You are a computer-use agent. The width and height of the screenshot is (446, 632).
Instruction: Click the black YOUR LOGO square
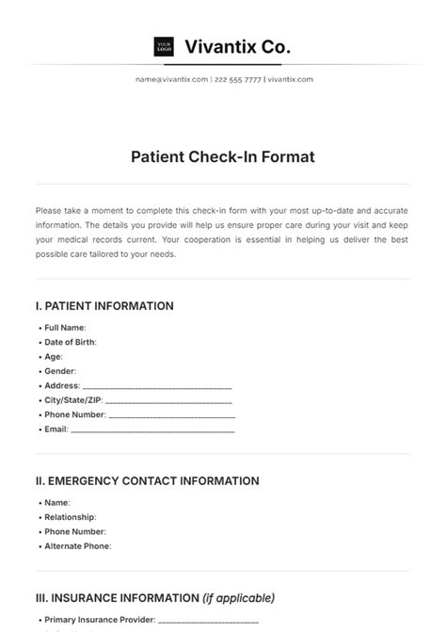point(164,46)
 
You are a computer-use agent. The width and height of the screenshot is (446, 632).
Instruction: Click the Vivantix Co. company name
point(237,45)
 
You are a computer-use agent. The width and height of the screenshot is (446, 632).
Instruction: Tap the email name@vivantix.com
point(171,79)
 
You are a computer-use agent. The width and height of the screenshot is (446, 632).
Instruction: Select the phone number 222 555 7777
point(237,79)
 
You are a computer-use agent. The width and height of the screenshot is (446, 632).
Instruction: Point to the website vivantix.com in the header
point(290,79)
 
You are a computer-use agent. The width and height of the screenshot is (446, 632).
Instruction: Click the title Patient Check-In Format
point(223,157)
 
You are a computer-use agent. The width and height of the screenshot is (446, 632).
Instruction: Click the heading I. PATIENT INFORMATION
point(104,306)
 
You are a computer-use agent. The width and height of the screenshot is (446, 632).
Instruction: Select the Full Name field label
point(65,327)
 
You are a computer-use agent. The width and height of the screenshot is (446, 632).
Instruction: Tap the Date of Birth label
point(70,342)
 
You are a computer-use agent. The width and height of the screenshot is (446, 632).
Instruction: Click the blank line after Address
point(157,386)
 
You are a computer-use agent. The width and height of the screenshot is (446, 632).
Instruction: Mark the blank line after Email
point(152,429)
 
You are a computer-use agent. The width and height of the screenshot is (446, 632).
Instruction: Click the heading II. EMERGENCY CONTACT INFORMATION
point(147,481)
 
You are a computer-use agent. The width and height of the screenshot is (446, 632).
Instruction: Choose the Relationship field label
point(70,517)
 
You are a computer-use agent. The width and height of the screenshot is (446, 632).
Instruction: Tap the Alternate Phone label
point(77,546)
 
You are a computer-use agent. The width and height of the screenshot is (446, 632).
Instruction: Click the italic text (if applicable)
point(239,598)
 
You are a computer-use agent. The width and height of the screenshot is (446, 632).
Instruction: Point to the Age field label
point(53,357)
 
